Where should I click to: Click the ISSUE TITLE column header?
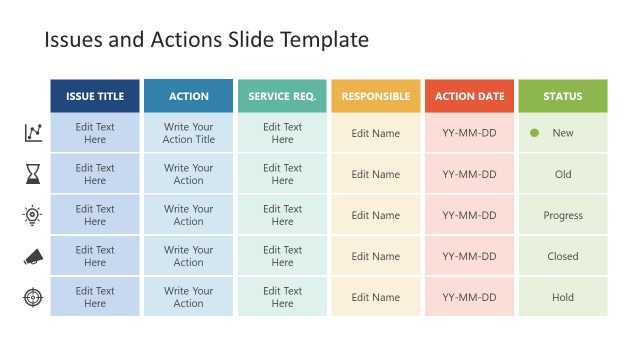tap(95, 96)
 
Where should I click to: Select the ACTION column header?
tap(188, 96)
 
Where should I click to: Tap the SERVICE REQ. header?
tap(282, 96)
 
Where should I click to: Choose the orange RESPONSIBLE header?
tap(375, 96)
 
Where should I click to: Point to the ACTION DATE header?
tap(469, 96)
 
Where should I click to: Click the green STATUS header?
tap(562, 96)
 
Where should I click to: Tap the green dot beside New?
tap(534, 133)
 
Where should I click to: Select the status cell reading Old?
tap(562, 174)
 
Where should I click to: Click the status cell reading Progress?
tap(562, 215)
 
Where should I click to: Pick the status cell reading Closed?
tap(562, 256)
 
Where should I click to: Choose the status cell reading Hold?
tap(562, 297)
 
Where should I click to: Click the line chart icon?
tap(33, 133)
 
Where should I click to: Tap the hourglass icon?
tap(33, 174)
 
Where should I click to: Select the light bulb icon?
tap(33, 215)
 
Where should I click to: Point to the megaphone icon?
tap(33, 257)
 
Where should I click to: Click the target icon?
tap(33, 297)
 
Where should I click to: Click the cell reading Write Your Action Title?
tap(188, 133)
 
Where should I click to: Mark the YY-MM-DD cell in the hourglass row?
tap(469, 174)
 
